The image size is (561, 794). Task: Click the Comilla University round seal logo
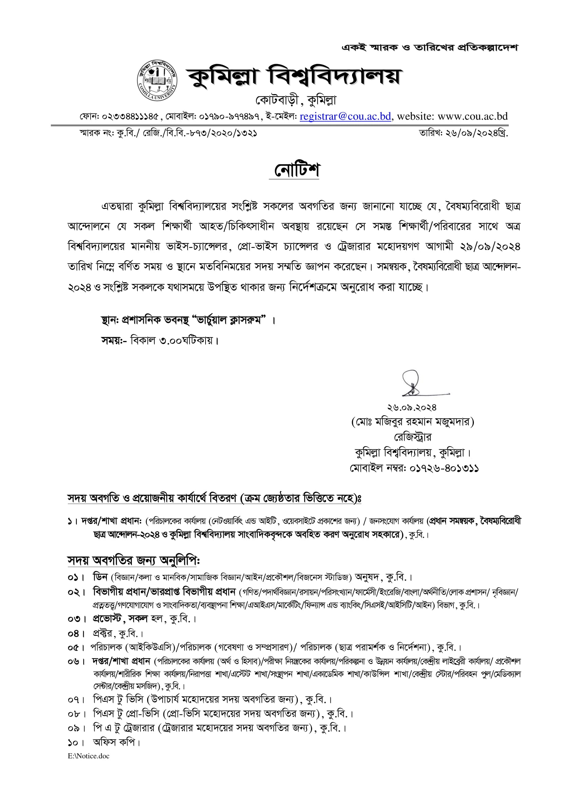(157, 80)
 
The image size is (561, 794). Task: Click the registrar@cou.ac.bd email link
(345, 116)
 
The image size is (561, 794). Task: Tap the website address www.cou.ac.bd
(472, 116)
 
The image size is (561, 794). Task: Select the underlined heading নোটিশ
(294, 170)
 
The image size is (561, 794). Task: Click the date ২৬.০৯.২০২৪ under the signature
(412, 408)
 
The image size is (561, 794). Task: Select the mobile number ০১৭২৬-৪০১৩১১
(444, 468)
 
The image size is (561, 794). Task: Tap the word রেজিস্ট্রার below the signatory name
(412, 437)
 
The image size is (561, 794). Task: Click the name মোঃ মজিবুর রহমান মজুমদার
(412, 422)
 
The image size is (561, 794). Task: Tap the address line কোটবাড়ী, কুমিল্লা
(296, 100)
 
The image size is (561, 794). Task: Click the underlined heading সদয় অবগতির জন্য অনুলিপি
(133, 560)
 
